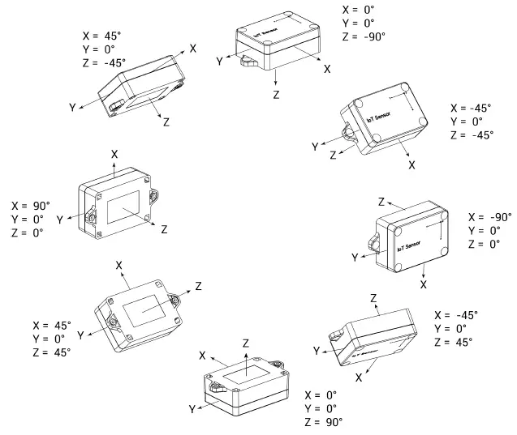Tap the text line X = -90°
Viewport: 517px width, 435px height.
click(x=490, y=218)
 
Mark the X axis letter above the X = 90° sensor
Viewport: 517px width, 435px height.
click(x=114, y=152)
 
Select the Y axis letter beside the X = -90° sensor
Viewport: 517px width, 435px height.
click(x=355, y=257)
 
